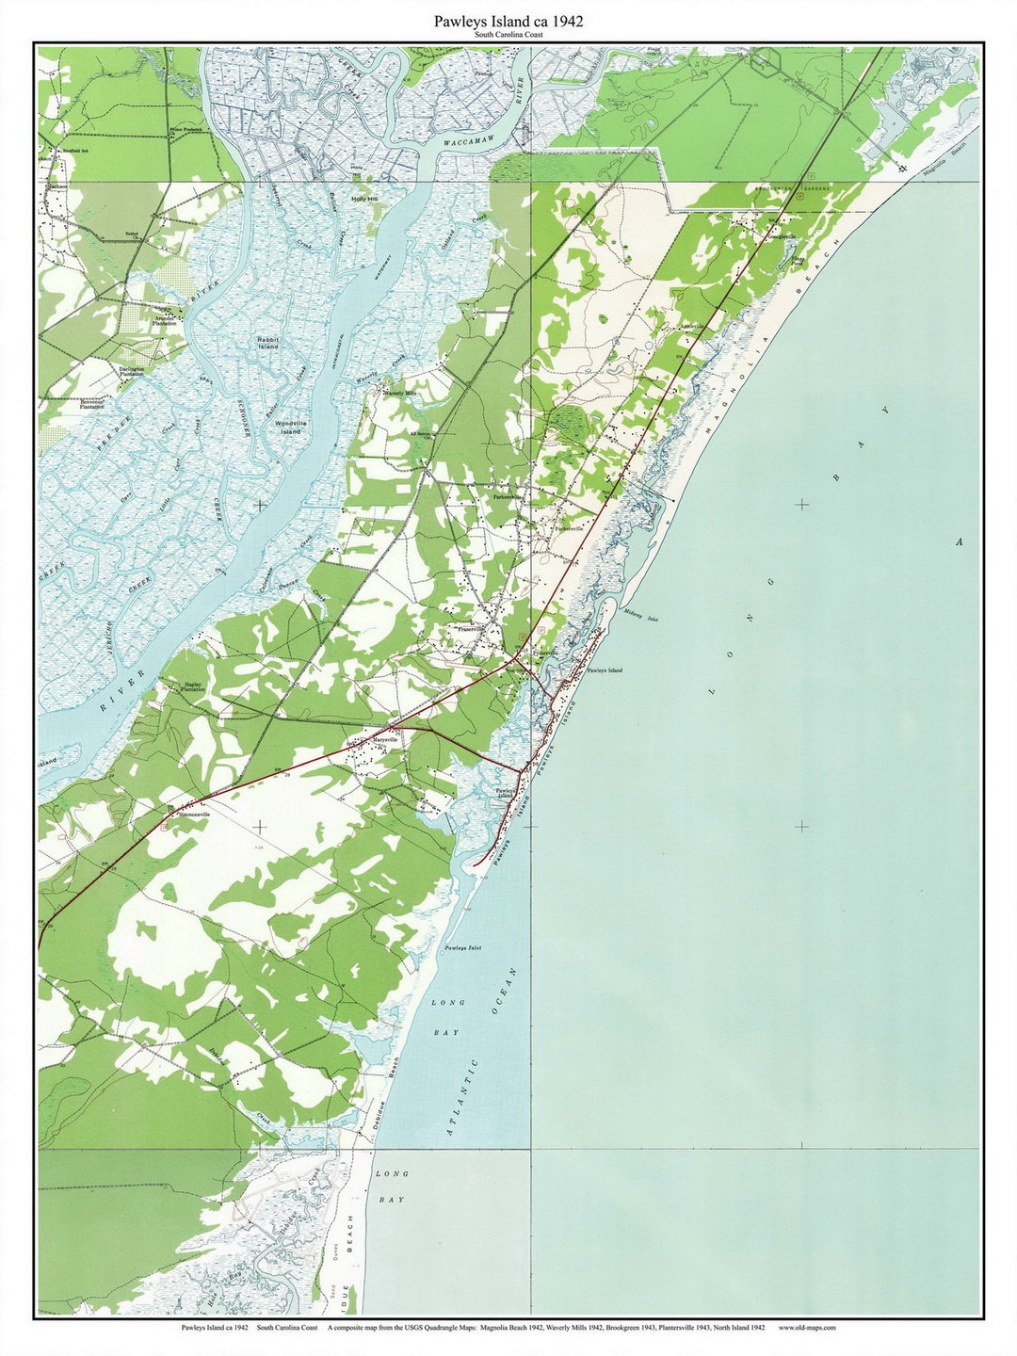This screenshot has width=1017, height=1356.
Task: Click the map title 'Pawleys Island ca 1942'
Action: click(508, 21)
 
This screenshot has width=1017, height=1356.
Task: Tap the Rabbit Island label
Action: click(268, 343)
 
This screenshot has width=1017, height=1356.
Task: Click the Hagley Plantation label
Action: click(192, 687)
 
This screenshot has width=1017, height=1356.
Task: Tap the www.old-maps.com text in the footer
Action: click(807, 1328)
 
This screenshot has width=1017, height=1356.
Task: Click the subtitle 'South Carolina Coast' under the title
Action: click(508, 35)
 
